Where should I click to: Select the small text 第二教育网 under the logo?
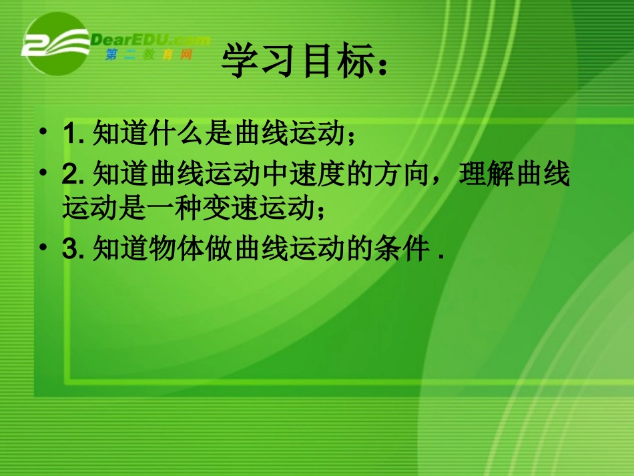pyautogui.click(x=148, y=55)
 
